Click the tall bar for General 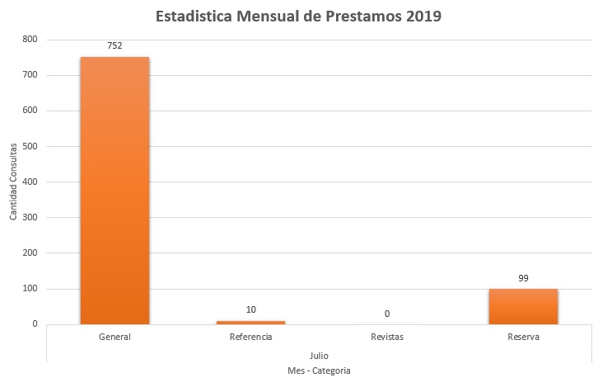click(x=114, y=190)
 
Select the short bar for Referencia click(x=250, y=322)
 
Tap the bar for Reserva click(x=523, y=306)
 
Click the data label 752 click(x=114, y=45)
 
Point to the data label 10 click(x=250, y=309)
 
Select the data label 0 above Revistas click(x=386, y=314)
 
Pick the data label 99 click(x=523, y=278)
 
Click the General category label click(x=114, y=337)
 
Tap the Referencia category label click(x=250, y=337)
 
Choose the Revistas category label click(x=386, y=337)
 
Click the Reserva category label click(x=523, y=337)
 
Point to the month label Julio click(x=319, y=355)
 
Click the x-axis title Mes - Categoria click(x=319, y=371)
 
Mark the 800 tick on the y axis click(x=30, y=40)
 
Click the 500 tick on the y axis click(x=30, y=146)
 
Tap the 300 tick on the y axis click(x=30, y=217)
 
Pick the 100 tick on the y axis click(x=30, y=289)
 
